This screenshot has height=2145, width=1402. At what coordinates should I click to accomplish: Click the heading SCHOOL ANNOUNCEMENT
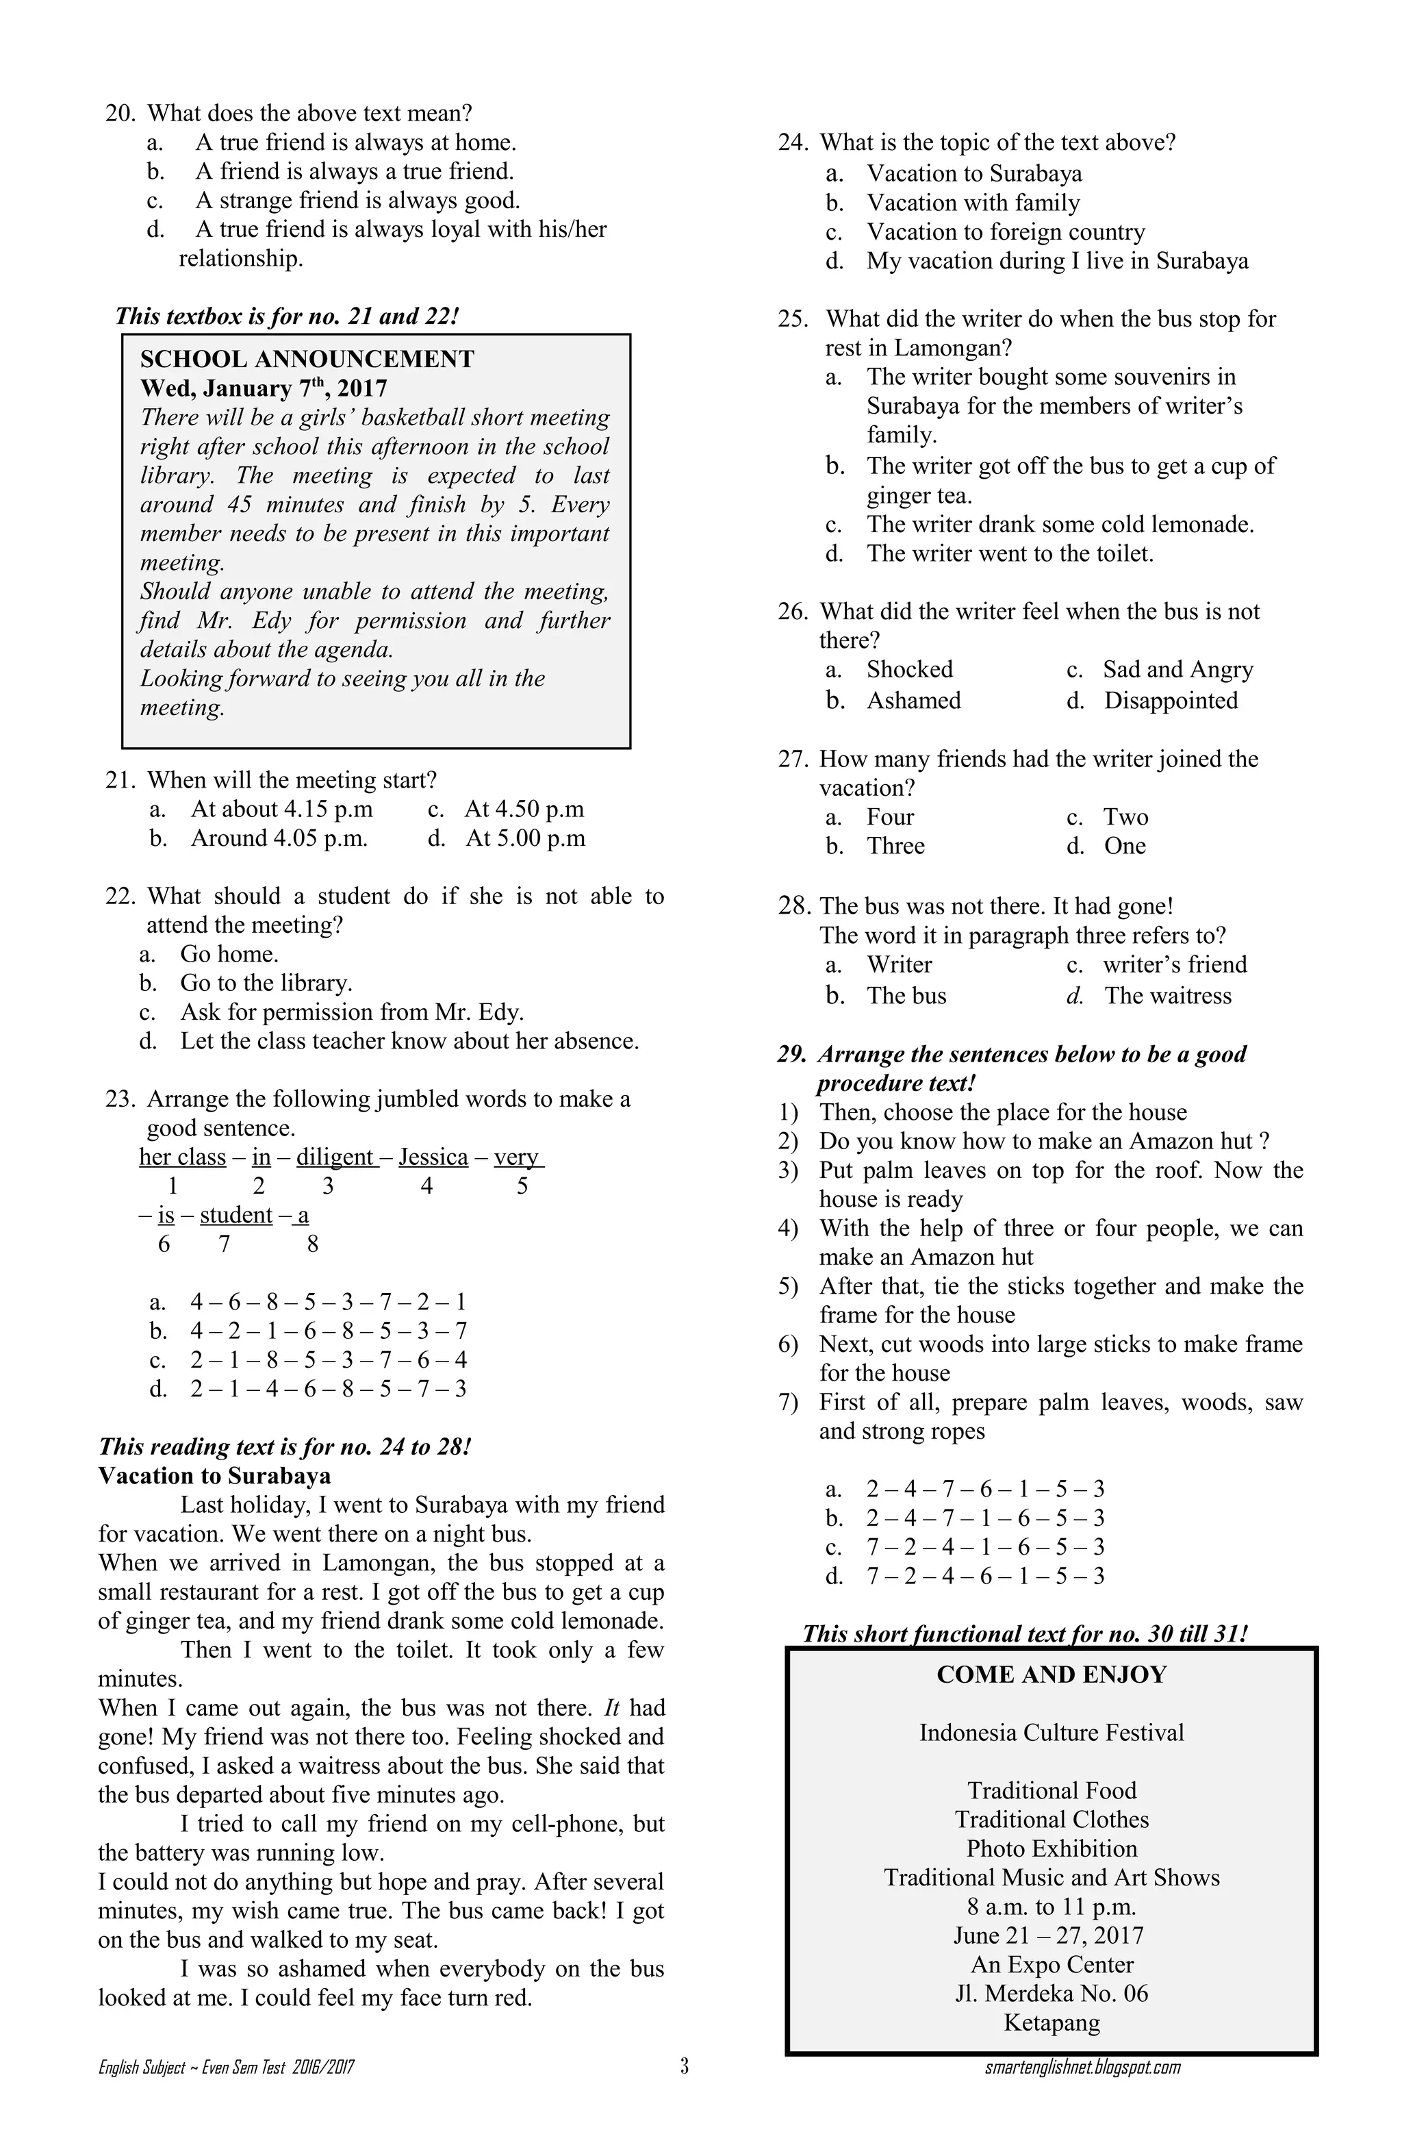pyautogui.click(x=307, y=359)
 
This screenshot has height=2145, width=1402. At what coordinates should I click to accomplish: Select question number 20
pyautogui.click(x=120, y=114)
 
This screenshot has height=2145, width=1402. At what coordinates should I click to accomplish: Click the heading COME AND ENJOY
pyautogui.click(x=1051, y=1674)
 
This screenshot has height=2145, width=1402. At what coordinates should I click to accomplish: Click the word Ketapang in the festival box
pyautogui.click(x=1051, y=2022)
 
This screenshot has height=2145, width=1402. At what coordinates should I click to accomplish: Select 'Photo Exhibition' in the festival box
pyautogui.click(x=1051, y=1848)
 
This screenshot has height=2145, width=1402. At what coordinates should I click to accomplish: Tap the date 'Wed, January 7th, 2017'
pyautogui.click(x=263, y=388)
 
